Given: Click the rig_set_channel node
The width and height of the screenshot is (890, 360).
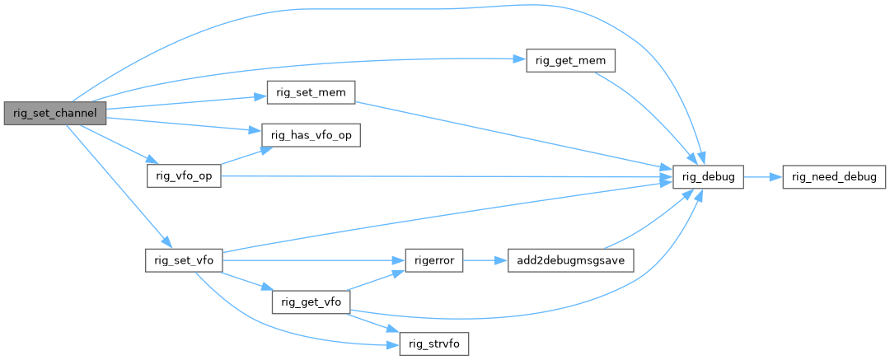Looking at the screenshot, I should pyautogui.click(x=55, y=113).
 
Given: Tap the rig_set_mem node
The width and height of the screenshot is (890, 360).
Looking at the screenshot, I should pyautogui.click(x=310, y=92).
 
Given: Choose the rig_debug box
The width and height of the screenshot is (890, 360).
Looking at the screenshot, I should pyautogui.click(x=708, y=176).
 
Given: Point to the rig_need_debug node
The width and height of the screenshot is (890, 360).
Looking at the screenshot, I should pyautogui.click(x=833, y=176).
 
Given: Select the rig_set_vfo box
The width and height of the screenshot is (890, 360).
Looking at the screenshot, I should pyautogui.click(x=184, y=259).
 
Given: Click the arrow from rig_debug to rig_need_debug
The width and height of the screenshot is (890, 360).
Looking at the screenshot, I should pyautogui.click(x=762, y=176).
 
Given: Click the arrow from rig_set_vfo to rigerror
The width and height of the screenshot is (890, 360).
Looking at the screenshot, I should pyautogui.click(x=313, y=259).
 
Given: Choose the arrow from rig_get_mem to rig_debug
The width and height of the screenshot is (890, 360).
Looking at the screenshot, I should pyautogui.click(x=651, y=115).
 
